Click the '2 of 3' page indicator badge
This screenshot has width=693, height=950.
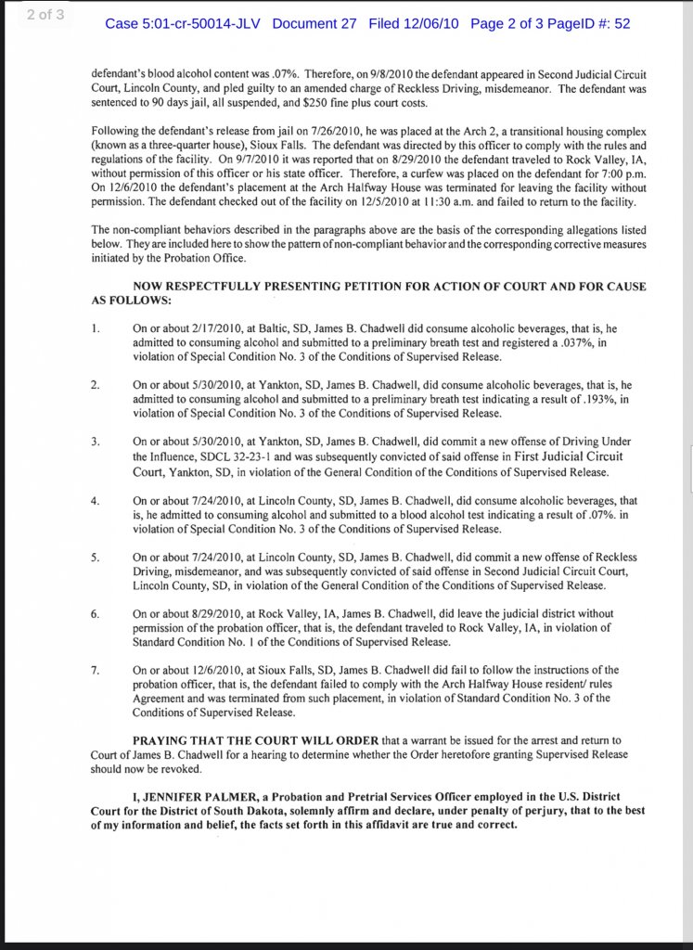(x=45, y=16)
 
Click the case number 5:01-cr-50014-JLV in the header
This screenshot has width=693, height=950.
(x=185, y=23)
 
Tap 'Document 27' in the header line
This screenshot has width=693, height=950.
(x=314, y=23)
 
